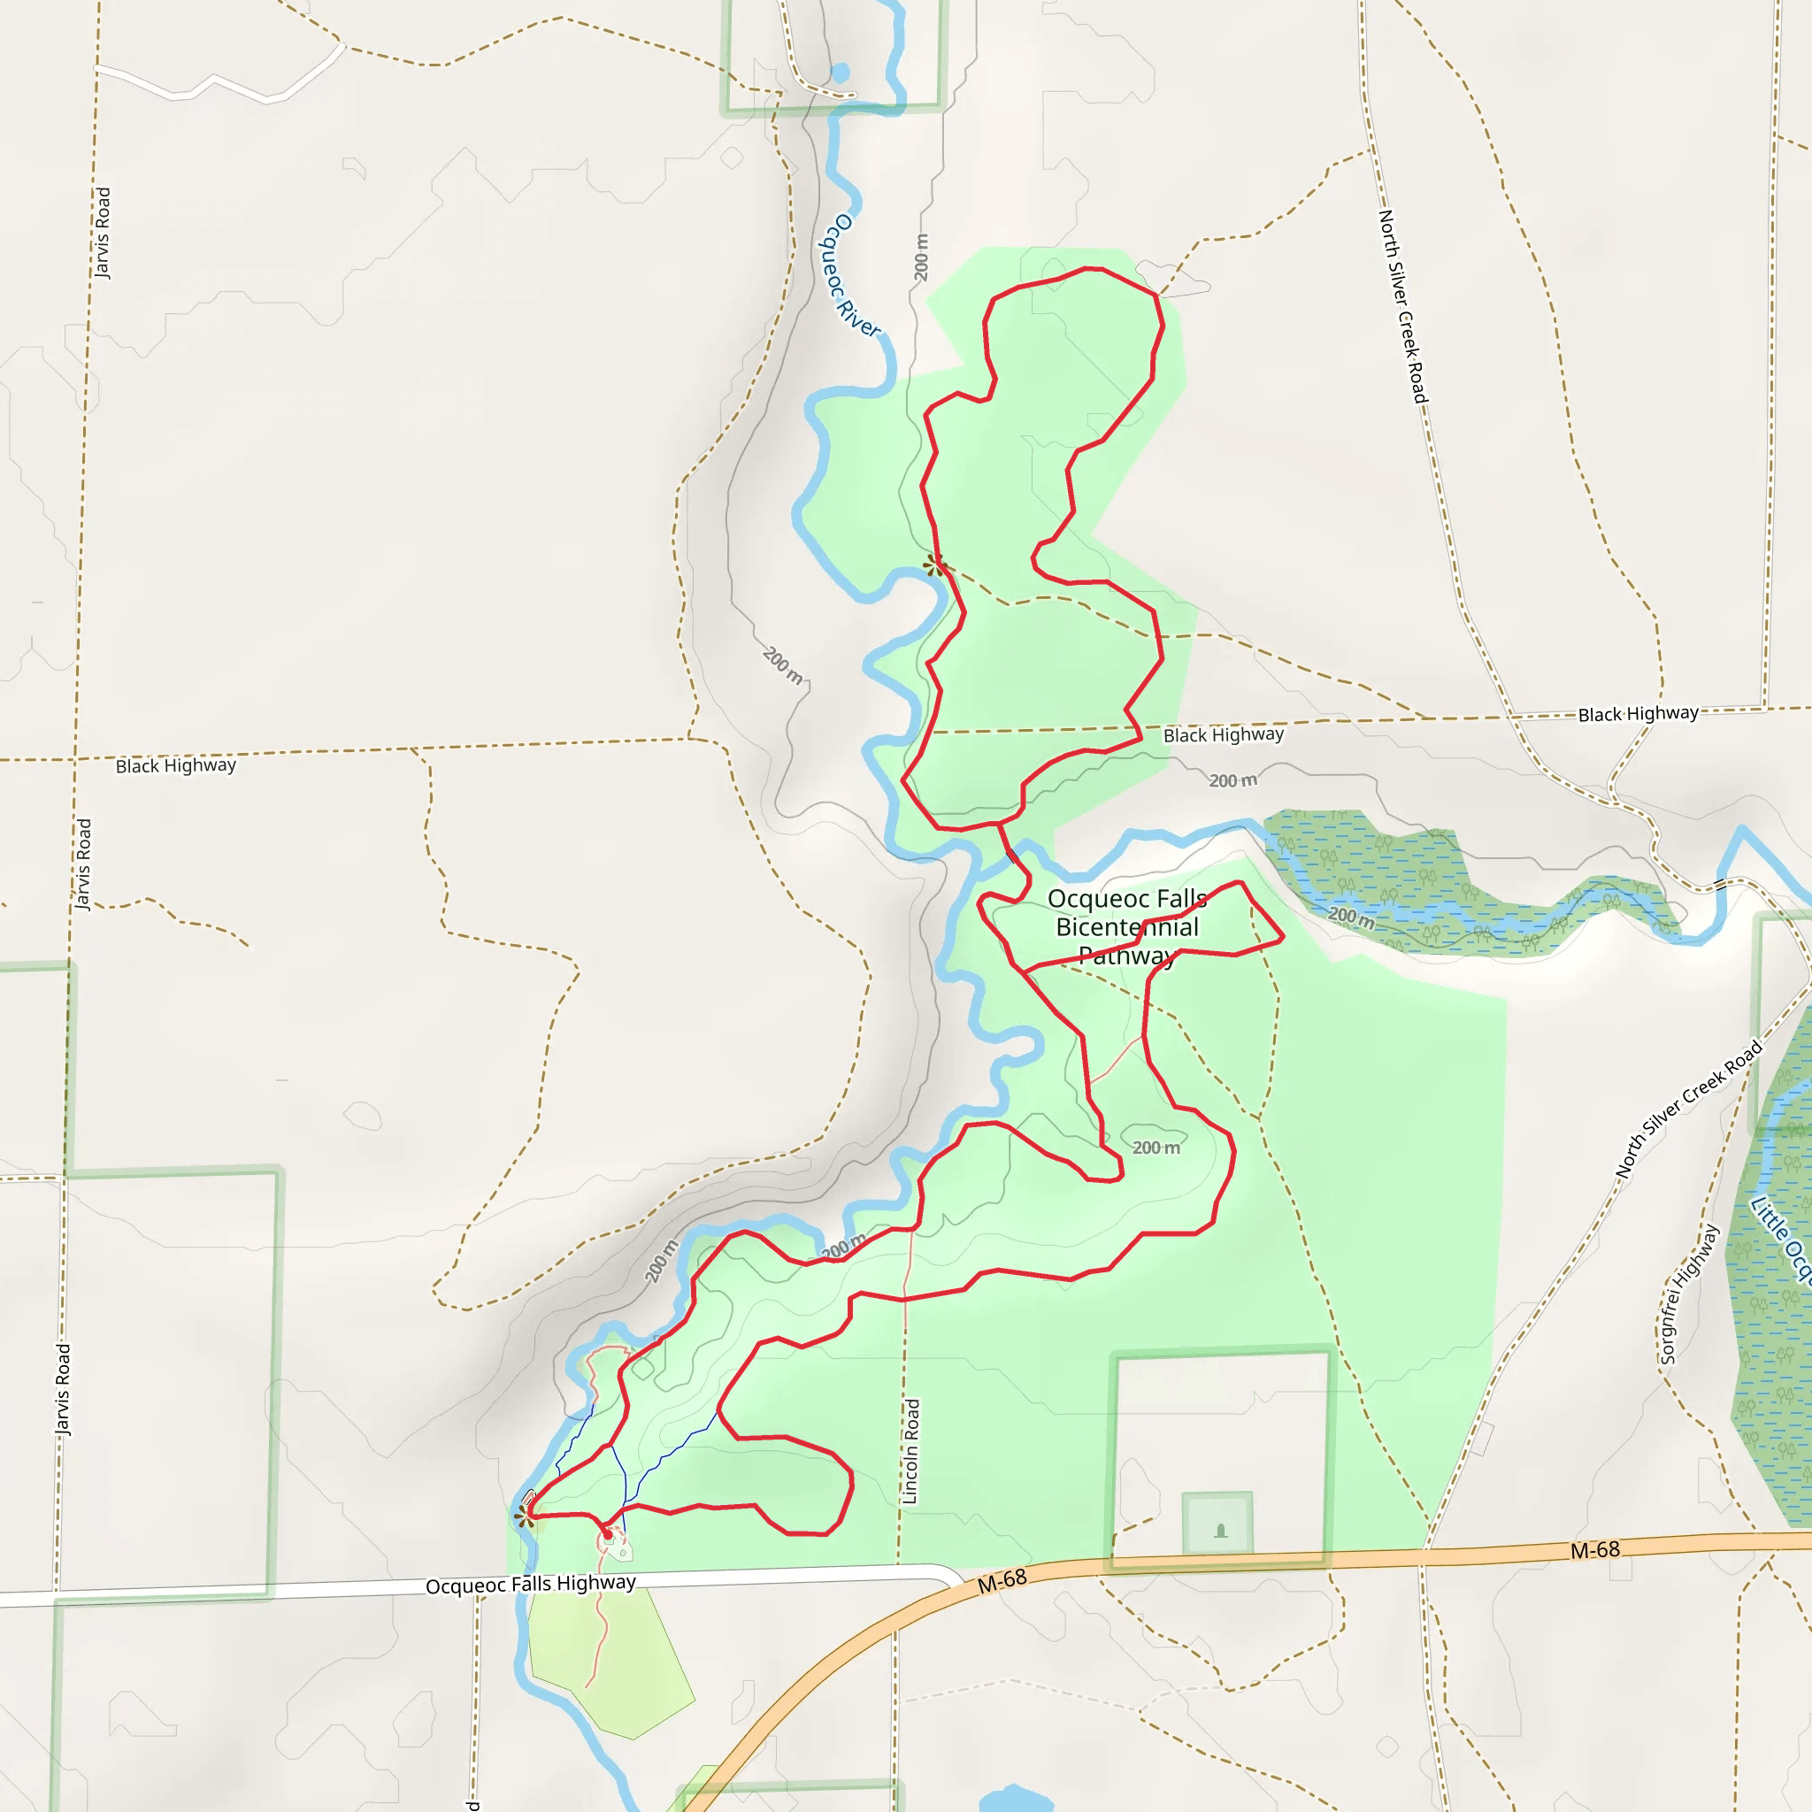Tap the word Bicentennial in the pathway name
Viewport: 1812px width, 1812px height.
click(1126, 927)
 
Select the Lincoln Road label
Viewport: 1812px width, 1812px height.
click(910, 1451)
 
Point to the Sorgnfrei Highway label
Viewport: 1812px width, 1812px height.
click(1689, 1295)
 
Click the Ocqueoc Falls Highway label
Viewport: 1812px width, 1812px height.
click(530, 1584)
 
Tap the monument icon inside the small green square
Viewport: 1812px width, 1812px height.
click(1220, 1532)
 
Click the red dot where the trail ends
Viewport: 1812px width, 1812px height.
click(608, 1535)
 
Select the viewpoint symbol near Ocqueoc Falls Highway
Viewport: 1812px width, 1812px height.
click(524, 1515)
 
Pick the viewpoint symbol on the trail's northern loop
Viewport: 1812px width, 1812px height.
click(934, 564)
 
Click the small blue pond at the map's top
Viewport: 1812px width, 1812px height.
click(840, 73)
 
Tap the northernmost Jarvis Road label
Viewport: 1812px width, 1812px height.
click(103, 233)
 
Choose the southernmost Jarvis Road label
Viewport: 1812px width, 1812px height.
click(62, 1390)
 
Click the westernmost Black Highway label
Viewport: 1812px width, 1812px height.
click(175, 765)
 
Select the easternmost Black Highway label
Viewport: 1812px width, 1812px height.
click(1638, 714)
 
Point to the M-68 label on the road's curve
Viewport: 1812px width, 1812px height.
click(1002, 1580)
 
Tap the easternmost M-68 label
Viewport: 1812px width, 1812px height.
click(1594, 1550)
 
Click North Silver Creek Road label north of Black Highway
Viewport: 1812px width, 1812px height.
click(1403, 307)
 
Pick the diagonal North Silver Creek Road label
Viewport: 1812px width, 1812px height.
click(1688, 1109)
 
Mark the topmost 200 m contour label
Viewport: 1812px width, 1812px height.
click(921, 257)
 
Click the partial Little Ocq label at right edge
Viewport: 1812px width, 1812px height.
click(1781, 1239)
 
